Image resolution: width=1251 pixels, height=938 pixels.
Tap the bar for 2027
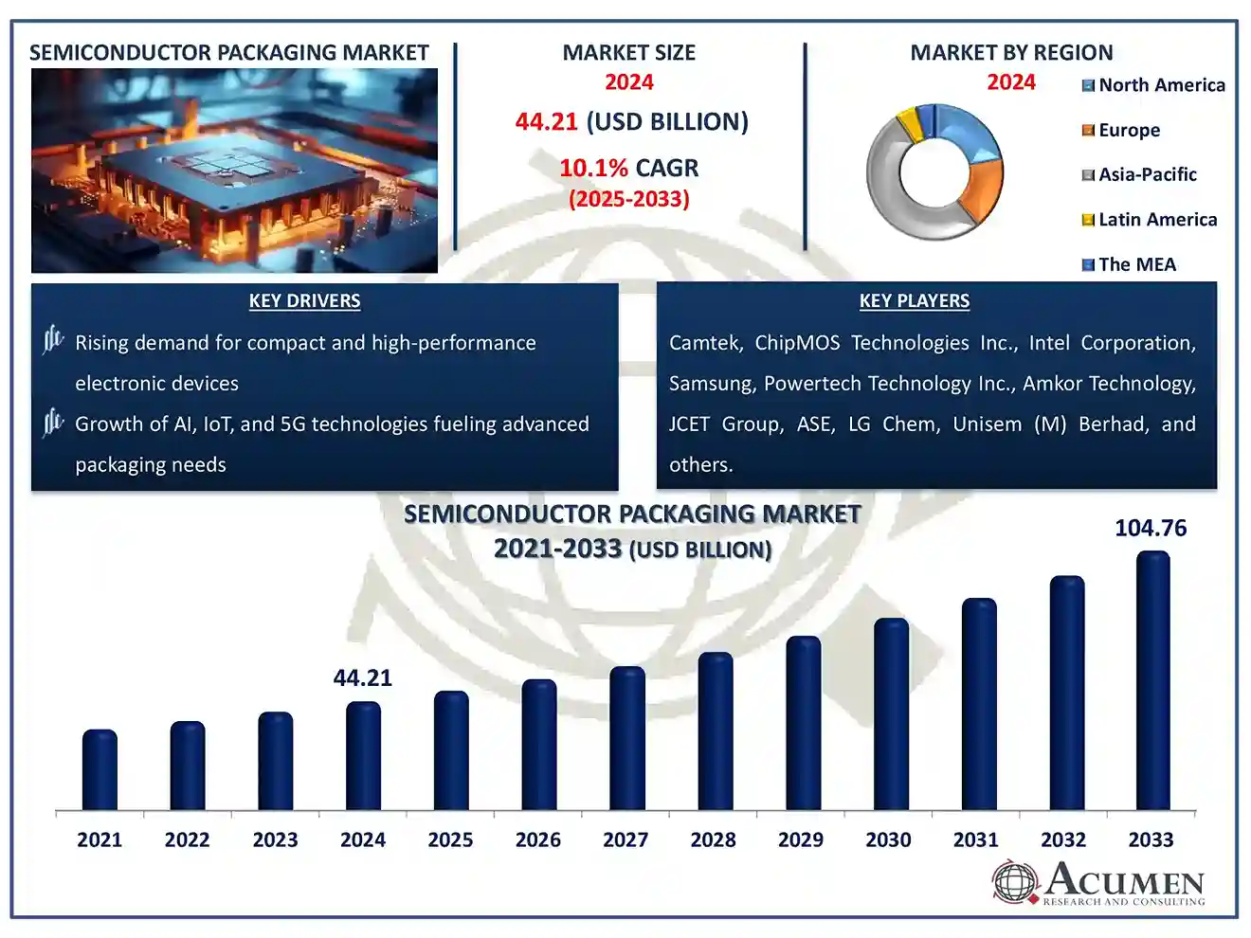tap(626, 738)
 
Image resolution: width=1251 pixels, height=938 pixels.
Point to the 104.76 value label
tap(1151, 528)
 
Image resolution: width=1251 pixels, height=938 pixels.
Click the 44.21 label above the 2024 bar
tap(362, 677)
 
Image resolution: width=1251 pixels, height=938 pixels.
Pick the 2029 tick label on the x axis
tap(801, 839)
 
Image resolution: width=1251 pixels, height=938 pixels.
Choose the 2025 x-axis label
tap(450, 839)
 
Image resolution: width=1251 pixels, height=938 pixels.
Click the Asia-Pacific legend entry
tap(1147, 174)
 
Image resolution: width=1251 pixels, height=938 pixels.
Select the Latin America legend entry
tap(1157, 220)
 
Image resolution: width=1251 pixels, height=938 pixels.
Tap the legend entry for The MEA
tap(1136, 264)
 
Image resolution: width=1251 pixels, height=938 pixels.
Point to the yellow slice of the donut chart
tap(909, 123)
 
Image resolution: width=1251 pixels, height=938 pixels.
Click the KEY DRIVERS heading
tap(304, 301)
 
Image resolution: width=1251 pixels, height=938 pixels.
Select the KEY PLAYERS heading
tap(914, 301)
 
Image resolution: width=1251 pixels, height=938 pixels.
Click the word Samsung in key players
tap(710, 384)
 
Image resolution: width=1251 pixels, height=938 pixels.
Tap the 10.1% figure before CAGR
tap(593, 169)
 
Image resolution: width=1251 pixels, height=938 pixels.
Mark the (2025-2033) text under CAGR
tap(628, 199)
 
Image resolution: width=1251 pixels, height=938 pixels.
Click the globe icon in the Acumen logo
tap(1015, 882)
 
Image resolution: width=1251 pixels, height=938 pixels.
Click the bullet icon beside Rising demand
tap(53, 339)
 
